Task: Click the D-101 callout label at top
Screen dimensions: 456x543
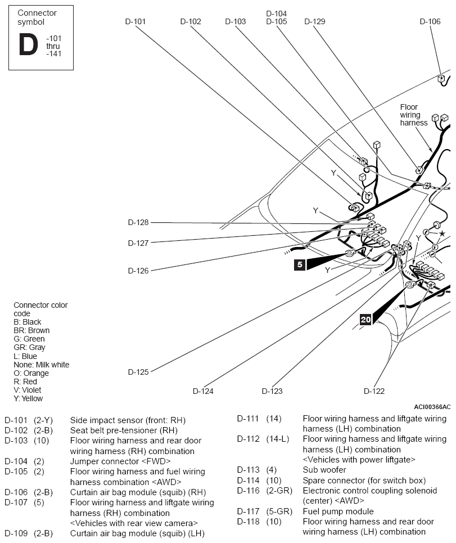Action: tap(136, 21)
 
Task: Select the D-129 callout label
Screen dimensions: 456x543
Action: tap(314, 21)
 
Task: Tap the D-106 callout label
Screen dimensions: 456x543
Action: tap(430, 21)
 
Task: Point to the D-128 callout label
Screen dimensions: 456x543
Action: tap(138, 222)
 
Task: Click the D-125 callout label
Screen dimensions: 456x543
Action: tap(138, 372)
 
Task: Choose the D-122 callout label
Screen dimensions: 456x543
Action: tap(374, 391)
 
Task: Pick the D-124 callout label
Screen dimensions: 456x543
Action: tap(203, 391)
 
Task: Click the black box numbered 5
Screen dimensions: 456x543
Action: tap(300, 264)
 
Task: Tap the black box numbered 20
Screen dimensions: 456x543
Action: tap(365, 319)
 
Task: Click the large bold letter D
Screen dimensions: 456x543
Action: tap(28, 44)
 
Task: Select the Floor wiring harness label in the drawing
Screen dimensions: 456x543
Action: tap(413, 115)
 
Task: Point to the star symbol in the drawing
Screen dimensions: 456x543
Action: tap(442, 234)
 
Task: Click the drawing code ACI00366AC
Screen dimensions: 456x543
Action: tap(432, 407)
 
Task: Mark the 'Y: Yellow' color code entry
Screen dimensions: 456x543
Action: tap(28, 398)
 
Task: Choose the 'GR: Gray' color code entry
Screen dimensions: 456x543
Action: tap(29, 347)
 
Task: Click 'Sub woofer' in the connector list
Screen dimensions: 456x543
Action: tap(324, 470)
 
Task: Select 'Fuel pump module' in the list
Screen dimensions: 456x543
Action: tap(338, 511)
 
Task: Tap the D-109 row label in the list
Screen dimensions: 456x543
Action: tap(16, 533)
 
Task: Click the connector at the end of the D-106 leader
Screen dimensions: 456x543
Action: tap(441, 79)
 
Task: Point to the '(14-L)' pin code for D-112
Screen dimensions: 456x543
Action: tap(277, 439)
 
